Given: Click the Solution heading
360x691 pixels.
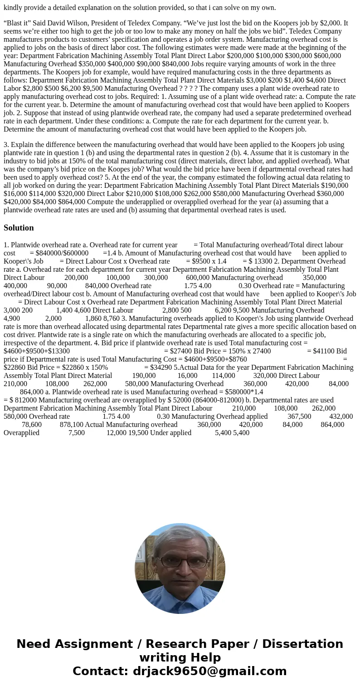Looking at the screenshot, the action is [x=19, y=228].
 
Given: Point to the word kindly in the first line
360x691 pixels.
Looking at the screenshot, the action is [x=14, y=7].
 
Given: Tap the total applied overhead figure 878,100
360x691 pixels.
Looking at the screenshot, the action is [x=71, y=424].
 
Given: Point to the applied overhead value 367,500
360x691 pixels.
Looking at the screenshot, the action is [x=299, y=416].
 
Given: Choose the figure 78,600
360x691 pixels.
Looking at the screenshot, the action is [x=32, y=424].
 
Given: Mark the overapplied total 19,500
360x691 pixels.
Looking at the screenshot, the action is [x=150, y=432].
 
